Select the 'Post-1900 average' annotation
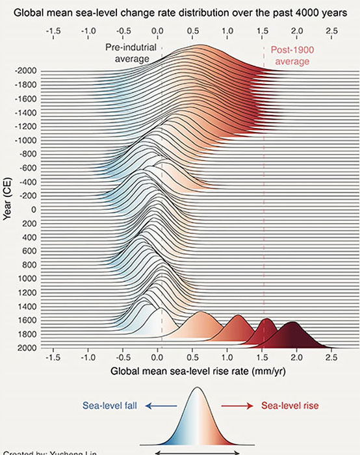(x=292, y=55)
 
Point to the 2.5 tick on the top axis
(x=331, y=31)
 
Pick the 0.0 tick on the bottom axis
(x=157, y=357)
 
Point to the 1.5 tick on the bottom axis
(x=262, y=357)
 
